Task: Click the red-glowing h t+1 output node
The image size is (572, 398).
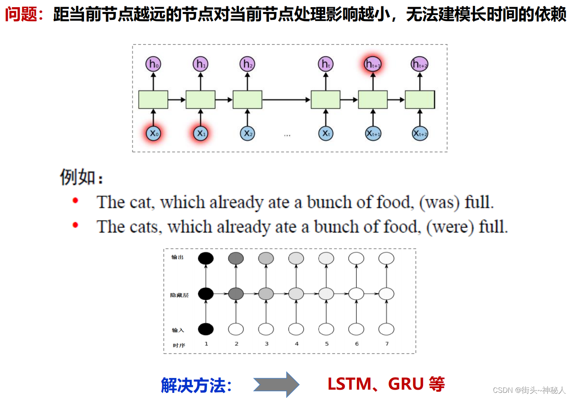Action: [373, 64]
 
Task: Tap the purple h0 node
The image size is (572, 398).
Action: [153, 64]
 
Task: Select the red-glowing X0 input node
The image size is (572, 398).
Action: [153, 133]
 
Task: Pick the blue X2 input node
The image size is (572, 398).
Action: [247, 133]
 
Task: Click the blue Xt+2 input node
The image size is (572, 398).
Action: [420, 133]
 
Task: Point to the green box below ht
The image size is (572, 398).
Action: [326, 99]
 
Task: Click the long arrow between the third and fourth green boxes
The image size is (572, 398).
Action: [286, 99]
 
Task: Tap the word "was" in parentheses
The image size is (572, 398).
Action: [439, 202]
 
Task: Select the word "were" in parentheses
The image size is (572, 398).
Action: [450, 227]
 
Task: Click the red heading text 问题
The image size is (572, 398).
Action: [21, 14]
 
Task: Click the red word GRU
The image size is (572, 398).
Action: [405, 384]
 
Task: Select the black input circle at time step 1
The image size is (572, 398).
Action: [206, 329]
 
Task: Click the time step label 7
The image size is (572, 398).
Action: [387, 344]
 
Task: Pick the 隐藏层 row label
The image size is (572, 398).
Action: [179, 295]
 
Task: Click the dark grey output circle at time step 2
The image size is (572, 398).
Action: [236, 258]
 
